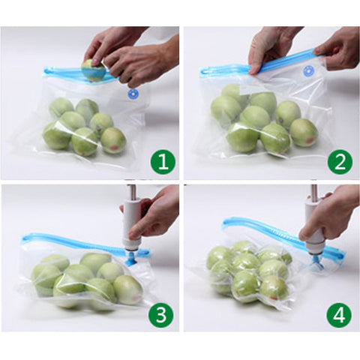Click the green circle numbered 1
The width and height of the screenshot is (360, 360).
click(x=163, y=162)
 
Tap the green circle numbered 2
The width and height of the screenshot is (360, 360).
click(x=340, y=162)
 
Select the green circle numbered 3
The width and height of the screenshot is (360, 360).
click(x=161, y=314)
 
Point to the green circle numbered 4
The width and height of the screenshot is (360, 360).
click(x=339, y=314)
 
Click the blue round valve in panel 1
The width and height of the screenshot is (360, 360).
click(x=133, y=94)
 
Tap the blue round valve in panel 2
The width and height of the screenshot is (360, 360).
click(x=310, y=72)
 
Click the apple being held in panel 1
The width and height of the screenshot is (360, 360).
click(x=93, y=70)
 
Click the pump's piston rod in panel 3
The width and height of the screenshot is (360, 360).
click(x=131, y=191)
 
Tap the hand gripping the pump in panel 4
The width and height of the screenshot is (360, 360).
click(x=330, y=215)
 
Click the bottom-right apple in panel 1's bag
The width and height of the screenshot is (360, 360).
click(x=113, y=140)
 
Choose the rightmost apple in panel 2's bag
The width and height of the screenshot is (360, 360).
click(x=304, y=133)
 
